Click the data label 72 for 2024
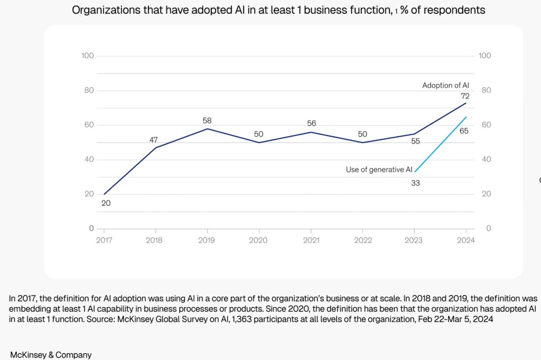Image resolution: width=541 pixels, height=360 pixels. click(465, 96)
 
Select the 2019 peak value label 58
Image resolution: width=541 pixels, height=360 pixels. click(207, 121)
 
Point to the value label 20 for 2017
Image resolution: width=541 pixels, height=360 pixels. click(106, 203)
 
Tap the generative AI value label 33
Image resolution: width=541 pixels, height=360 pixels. click(415, 184)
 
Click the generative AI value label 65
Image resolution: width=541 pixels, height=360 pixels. click(464, 130)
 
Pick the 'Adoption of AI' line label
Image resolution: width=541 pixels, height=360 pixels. click(445, 85)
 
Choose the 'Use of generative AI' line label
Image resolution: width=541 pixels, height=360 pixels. click(379, 169)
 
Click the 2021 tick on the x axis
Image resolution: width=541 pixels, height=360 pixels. click(311, 240)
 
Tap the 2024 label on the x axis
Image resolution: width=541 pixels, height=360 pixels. click(466, 240)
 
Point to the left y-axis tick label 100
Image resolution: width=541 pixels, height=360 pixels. click(88, 56)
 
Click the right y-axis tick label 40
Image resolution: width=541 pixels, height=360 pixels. click(484, 159)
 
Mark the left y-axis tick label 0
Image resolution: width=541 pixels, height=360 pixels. click(90, 229)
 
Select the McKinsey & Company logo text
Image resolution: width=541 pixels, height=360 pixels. click(51, 355)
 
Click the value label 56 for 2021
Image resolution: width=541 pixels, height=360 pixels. click(311, 124)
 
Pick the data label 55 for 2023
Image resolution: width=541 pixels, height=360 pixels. click(415, 141)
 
